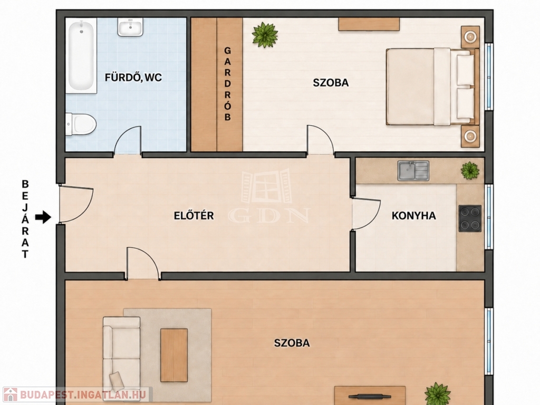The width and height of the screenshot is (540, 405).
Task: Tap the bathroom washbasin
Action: (131, 27)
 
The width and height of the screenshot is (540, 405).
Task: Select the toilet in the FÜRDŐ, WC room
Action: (81, 124)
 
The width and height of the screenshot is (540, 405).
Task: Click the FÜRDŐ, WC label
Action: (133, 78)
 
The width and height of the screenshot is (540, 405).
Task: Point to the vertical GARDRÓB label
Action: (227, 84)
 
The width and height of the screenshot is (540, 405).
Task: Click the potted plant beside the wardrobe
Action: (265, 35)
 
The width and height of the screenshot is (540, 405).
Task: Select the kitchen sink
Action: (413, 170)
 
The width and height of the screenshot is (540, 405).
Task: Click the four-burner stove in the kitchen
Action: (470, 218)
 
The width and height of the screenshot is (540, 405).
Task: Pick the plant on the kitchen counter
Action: (470, 170)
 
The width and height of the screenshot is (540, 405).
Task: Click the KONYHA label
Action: (413, 216)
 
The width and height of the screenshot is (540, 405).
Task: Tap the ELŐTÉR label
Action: (194, 216)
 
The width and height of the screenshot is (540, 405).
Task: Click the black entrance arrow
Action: (43, 217)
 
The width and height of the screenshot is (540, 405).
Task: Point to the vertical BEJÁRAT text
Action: (25, 219)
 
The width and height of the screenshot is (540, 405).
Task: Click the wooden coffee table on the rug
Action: (174, 355)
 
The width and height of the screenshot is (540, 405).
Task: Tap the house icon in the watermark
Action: (11, 394)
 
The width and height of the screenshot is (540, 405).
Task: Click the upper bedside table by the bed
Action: (470, 37)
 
